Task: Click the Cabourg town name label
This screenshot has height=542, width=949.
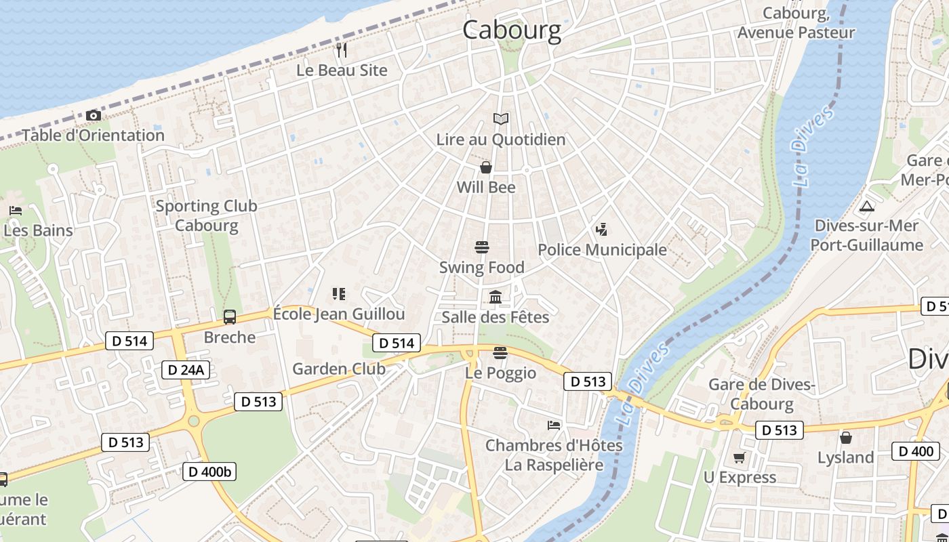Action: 512,30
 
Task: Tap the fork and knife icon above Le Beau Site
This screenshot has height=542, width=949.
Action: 342,50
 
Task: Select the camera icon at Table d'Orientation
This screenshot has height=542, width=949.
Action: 94,116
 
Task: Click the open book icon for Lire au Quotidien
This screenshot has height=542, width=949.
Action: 501,119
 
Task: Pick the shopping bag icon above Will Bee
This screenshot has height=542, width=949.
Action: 486,167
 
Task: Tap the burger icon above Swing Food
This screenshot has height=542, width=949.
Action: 482,247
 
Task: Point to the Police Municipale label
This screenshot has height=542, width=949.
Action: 602,250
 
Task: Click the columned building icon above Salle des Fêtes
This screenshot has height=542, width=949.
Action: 496,297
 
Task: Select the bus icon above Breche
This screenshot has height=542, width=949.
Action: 230,317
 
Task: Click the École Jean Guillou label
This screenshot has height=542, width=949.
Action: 339,314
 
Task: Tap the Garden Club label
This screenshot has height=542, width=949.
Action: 338,369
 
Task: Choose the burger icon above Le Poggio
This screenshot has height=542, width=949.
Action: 500,353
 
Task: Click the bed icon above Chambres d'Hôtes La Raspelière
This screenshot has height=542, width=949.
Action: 554,425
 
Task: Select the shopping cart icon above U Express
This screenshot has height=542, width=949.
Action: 740,458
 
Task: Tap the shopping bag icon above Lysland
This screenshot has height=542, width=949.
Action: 845,438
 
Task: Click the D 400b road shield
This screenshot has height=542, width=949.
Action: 209,472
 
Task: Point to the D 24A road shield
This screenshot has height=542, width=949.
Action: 186,370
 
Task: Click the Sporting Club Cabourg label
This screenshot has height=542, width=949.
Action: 207,215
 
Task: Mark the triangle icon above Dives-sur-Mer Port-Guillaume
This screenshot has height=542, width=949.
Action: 866,206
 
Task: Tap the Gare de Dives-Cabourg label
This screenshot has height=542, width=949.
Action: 761,394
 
